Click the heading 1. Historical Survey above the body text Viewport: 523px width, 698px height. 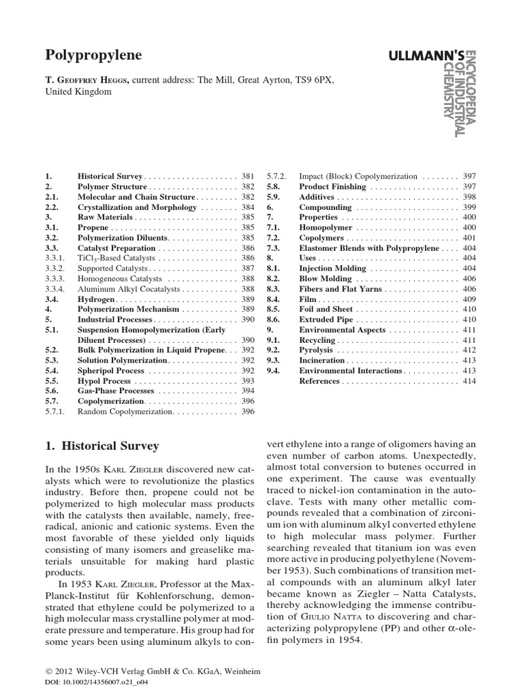click(101, 446)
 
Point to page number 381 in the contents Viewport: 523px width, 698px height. click(247, 176)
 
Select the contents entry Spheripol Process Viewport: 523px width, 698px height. click(111, 371)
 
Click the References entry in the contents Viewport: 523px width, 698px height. click(320, 381)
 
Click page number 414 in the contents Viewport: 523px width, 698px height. click(469, 381)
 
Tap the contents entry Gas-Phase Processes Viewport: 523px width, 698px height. click(116, 391)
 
